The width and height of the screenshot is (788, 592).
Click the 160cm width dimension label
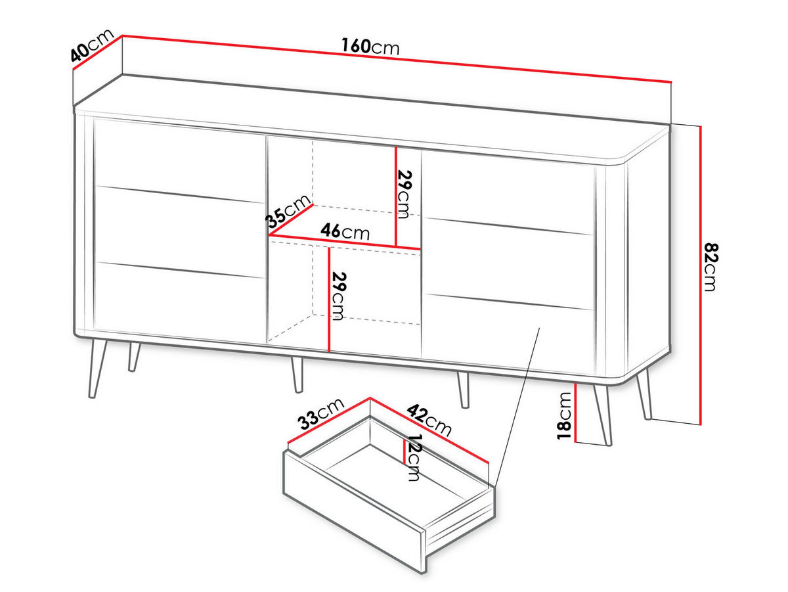pos(370,47)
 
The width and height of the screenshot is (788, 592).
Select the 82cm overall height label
pos(710,267)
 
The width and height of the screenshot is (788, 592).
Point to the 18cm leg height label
pos(564,415)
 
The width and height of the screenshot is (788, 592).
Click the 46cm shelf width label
pos(345,231)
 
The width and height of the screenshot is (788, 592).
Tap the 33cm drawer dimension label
pos(321,414)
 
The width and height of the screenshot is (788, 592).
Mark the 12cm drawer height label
pos(414,457)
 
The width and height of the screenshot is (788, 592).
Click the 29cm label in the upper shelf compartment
pos(403,194)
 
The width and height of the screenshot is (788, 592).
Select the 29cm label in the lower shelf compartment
pos(338,296)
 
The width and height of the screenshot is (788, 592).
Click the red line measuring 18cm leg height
pos(575,413)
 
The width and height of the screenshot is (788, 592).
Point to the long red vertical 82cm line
pos(700,275)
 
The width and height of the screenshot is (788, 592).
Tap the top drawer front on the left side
pos(179,160)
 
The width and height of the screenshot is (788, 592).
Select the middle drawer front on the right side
pos(508,264)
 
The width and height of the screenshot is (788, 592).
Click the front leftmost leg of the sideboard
pos(97,368)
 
